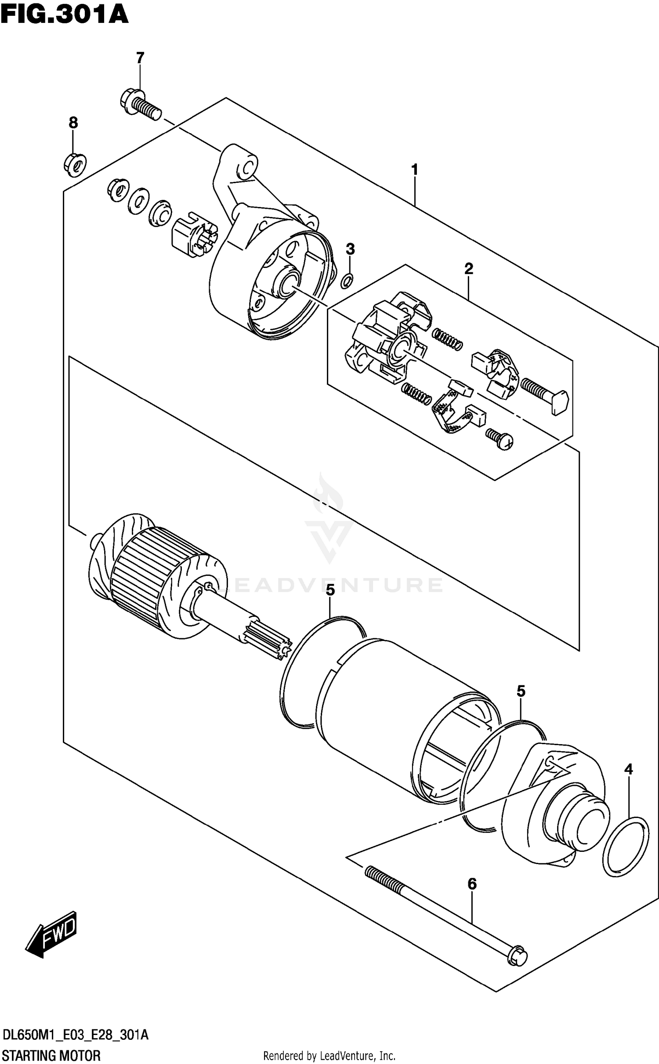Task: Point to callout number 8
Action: (73, 123)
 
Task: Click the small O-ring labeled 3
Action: (347, 280)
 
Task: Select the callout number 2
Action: (469, 268)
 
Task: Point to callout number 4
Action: (628, 769)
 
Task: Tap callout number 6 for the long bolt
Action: (472, 883)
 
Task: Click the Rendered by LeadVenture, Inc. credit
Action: (329, 1056)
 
